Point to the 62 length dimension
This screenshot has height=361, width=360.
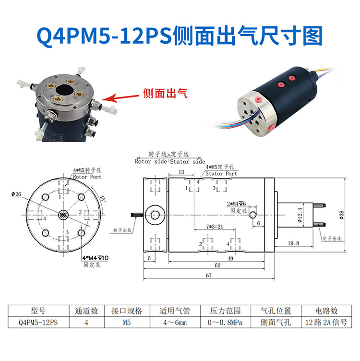point(217,265)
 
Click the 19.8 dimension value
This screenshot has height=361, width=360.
point(292,243)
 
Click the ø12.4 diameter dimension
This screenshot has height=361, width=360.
point(300,214)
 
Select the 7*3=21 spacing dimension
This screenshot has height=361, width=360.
point(213,226)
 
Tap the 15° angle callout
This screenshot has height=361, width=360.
point(103,197)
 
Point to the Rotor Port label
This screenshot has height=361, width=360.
point(87,177)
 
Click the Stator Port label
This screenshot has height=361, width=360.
point(221,174)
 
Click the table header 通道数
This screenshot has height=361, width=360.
point(87,311)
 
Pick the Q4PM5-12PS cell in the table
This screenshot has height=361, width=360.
point(37,323)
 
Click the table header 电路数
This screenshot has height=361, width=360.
point(327,311)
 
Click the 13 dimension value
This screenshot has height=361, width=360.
point(181,172)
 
